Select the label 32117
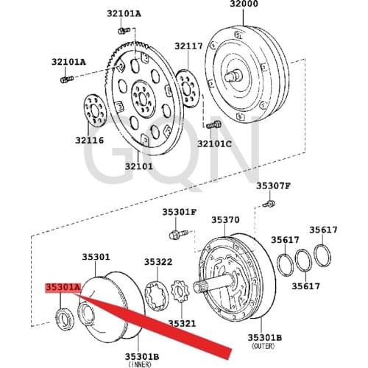coord(188,46)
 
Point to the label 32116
coord(88,139)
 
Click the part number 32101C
coord(213,144)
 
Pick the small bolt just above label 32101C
coord(217,126)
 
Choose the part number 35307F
coord(273,185)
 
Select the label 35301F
coord(180,212)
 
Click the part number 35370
coord(225,219)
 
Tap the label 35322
coord(158,261)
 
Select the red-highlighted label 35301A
coord(61,288)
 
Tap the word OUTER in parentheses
coord(264,345)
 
